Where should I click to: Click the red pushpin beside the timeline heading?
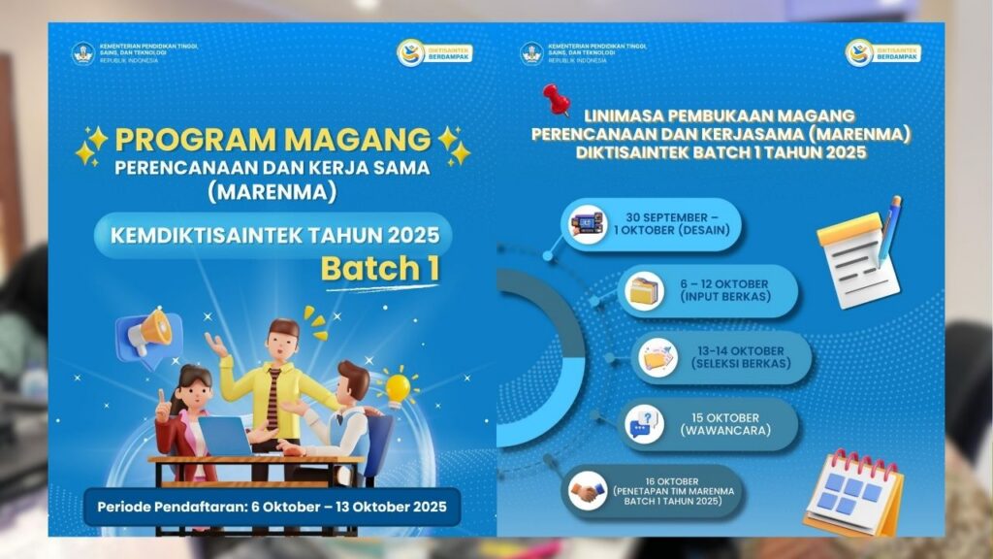[x=556, y=98]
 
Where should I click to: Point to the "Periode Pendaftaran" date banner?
[x=272, y=507]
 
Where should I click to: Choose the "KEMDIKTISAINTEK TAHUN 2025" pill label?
[x=273, y=234]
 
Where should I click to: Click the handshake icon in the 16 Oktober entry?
[x=584, y=491]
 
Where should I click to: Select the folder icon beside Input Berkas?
[x=644, y=291]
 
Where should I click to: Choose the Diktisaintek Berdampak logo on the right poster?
[x=882, y=52]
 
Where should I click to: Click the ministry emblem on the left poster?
[x=83, y=52]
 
